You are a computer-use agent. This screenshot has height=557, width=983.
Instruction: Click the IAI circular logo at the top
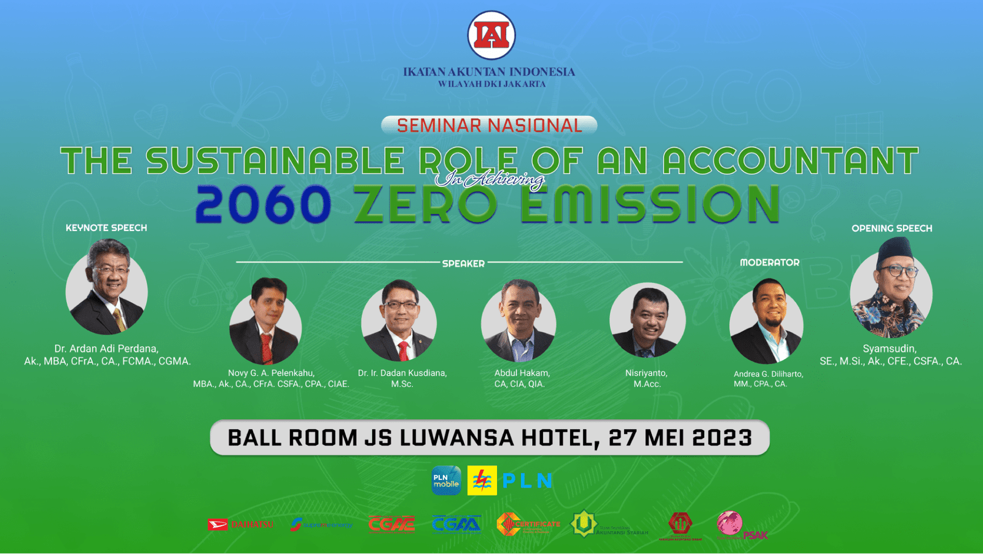[491, 35]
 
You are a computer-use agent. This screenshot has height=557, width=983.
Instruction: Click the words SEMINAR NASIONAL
[489, 125]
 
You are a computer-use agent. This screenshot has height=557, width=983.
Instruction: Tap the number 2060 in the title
[263, 205]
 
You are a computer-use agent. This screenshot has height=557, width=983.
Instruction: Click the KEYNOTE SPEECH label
[106, 228]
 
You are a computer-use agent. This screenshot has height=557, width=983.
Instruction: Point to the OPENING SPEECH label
[891, 229]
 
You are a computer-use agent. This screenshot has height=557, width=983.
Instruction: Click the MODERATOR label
[769, 263]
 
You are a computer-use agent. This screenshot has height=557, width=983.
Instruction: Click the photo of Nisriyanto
[647, 321]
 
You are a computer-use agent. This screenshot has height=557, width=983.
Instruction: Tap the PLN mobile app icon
[446, 481]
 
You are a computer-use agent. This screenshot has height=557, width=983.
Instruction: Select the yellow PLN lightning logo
[482, 481]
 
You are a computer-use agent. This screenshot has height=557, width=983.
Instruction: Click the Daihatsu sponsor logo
[240, 524]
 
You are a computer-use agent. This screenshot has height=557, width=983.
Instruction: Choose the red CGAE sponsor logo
[391, 524]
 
